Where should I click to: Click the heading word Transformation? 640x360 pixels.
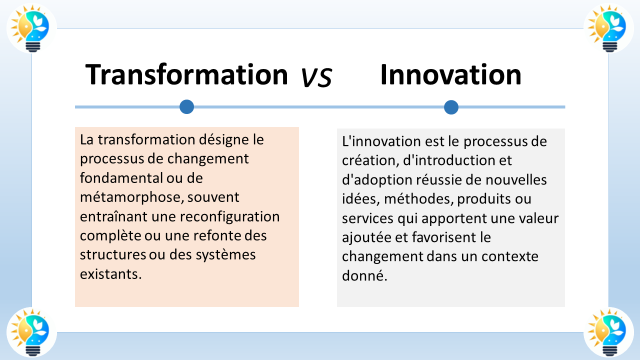186,75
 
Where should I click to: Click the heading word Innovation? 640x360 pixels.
450,75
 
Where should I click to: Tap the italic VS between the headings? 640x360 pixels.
316,78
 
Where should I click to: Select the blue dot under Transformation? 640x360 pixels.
186,106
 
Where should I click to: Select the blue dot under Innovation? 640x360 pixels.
451,107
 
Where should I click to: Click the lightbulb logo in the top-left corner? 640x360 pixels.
31,28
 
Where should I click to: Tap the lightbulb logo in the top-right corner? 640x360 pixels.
608,28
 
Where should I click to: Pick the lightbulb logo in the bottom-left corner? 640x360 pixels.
31,331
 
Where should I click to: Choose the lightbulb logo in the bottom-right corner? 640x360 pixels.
608,331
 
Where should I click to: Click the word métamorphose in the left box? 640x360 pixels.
126,197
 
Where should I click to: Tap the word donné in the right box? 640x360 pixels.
364,275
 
